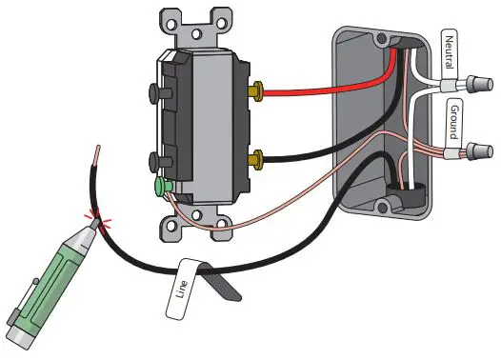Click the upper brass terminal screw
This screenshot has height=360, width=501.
[256, 92]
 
